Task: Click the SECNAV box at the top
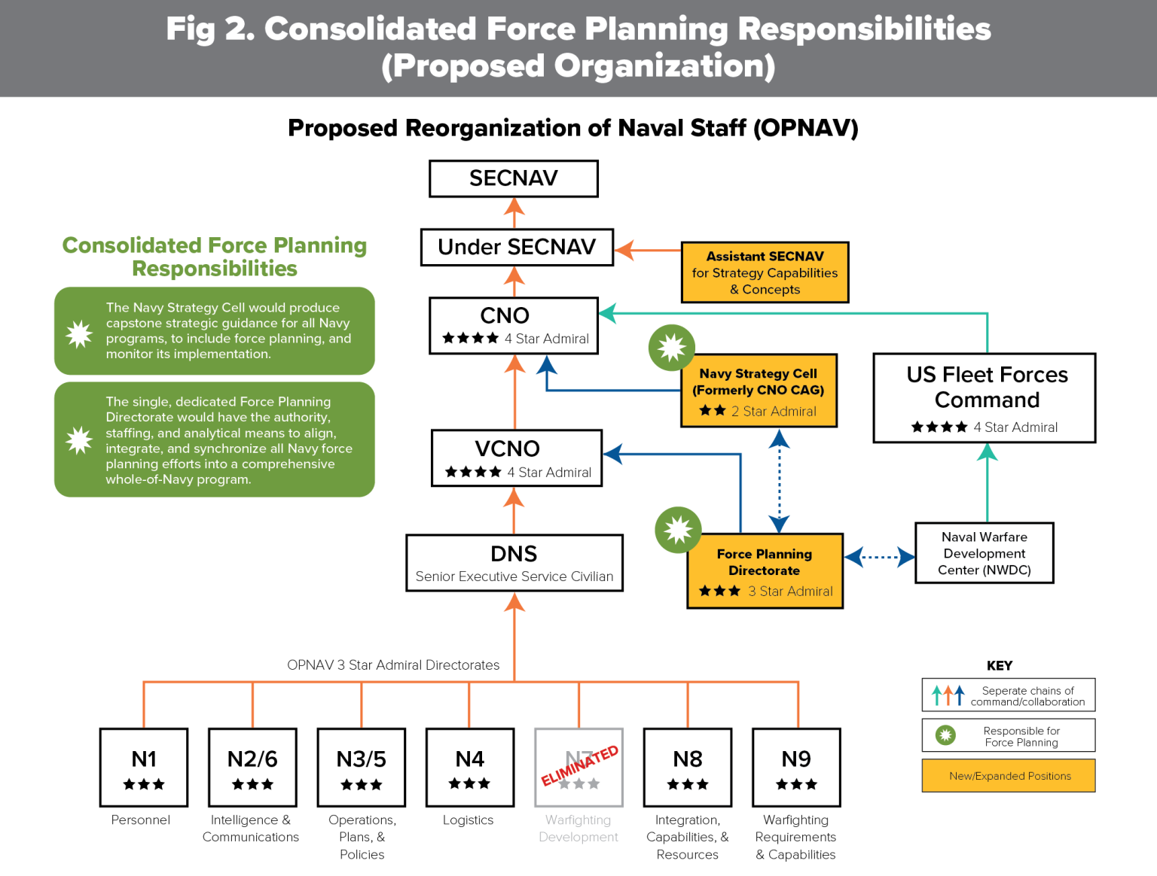[x=514, y=178]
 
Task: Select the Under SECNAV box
[x=517, y=247]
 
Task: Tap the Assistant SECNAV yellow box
[x=765, y=272]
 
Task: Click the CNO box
[x=514, y=325]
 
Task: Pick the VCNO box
[x=517, y=458]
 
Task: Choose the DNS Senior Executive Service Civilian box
[x=514, y=563]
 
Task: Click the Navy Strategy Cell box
[x=759, y=391]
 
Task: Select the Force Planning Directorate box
[x=765, y=570]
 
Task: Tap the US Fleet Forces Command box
[x=985, y=397]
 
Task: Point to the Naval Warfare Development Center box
[x=984, y=553]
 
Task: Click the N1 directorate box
[x=144, y=767]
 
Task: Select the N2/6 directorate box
[x=252, y=767]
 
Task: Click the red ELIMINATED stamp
[x=580, y=765]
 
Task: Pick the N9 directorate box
[x=796, y=767]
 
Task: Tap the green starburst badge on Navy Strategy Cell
[x=671, y=348]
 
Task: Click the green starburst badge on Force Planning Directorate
[x=678, y=529]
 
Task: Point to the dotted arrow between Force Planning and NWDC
[x=879, y=558]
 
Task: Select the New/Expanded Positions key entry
[x=1009, y=776]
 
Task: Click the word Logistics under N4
[x=468, y=820]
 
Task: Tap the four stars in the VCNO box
[x=473, y=472]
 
